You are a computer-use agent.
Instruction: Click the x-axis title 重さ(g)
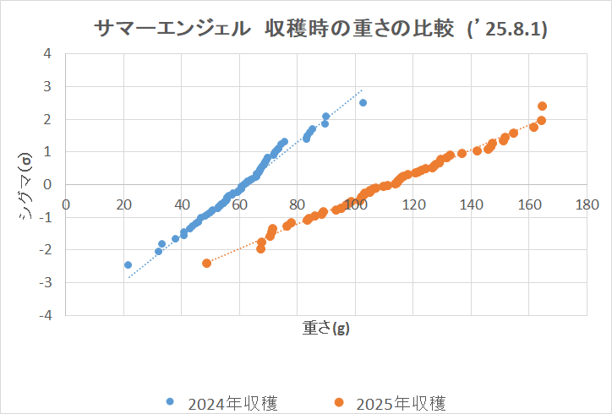point(325,329)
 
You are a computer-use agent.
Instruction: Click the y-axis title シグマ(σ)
point(26,184)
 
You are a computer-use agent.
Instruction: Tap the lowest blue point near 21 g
point(128,264)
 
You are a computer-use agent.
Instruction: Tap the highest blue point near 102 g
point(363,102)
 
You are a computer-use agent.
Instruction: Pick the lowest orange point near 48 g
point(207,263)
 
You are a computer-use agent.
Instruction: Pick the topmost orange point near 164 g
point(542,106)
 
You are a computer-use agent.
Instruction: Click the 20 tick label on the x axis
point(124,204)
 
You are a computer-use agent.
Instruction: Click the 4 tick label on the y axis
point(48,54)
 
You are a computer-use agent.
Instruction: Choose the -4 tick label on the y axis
point(46,314)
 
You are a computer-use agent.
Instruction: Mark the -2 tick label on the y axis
point(46,249)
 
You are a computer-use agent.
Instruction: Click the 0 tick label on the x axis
point(67,204)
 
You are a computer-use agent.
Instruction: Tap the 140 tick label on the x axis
point(471,204)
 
